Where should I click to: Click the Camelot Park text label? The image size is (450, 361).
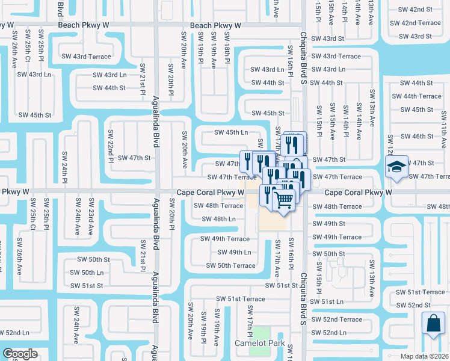click(x=259, y=342)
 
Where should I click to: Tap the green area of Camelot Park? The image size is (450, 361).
click(x=260, y=333)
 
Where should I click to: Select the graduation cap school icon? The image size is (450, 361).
click(x=396, y=166)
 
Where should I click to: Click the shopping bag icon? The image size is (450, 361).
click(x=433, y=323)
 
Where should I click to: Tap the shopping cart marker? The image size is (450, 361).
click(x=285, y=198)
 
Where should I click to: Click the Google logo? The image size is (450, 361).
click(x=20, y=354)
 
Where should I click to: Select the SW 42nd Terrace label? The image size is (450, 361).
click(x=415, y=23)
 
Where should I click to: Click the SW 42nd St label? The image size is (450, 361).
click(x=411, y=10)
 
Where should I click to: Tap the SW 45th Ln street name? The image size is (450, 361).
click(x=232, y=132)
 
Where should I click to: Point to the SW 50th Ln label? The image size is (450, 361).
click(x=87, y=273)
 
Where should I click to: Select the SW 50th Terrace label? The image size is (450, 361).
click(x=230, y=265)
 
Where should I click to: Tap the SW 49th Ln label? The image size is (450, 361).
click(x=234, y=252)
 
